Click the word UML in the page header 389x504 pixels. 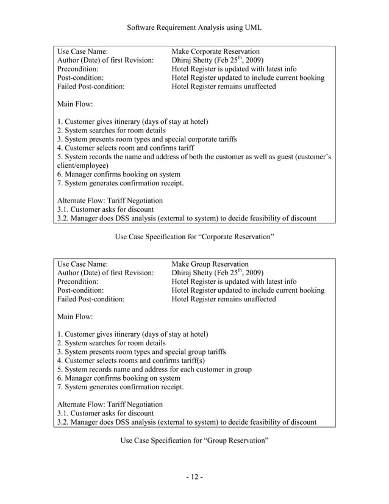tap(251, 26)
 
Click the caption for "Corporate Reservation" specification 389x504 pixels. tap(194, 236)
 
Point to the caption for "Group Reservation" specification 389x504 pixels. tap(194, 440)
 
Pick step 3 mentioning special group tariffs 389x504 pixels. tap(141, 351)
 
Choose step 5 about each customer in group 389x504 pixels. tap(154, 369)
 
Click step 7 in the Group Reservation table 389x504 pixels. tap(120, 387)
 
